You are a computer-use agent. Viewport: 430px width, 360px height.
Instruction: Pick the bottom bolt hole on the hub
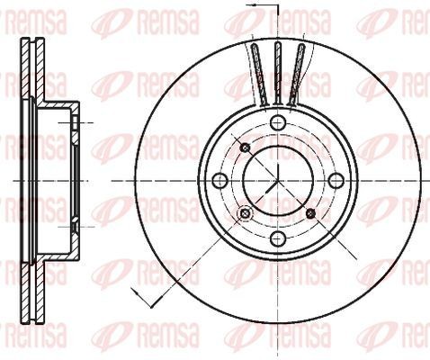click(x=277, y=238)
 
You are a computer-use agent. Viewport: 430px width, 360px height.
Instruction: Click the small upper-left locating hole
click(x=244, y=148)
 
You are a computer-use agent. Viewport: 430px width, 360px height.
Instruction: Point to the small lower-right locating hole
click(x=310, y=213)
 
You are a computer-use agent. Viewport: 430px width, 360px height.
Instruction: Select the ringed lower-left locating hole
click(x=243, y=213)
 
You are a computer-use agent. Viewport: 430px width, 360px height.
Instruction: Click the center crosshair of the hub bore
click(x=277, y=181)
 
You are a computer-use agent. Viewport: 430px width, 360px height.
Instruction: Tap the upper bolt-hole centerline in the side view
click(x=76, y=121)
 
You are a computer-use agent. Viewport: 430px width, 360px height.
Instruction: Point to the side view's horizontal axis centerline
click(x=54, y=181)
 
